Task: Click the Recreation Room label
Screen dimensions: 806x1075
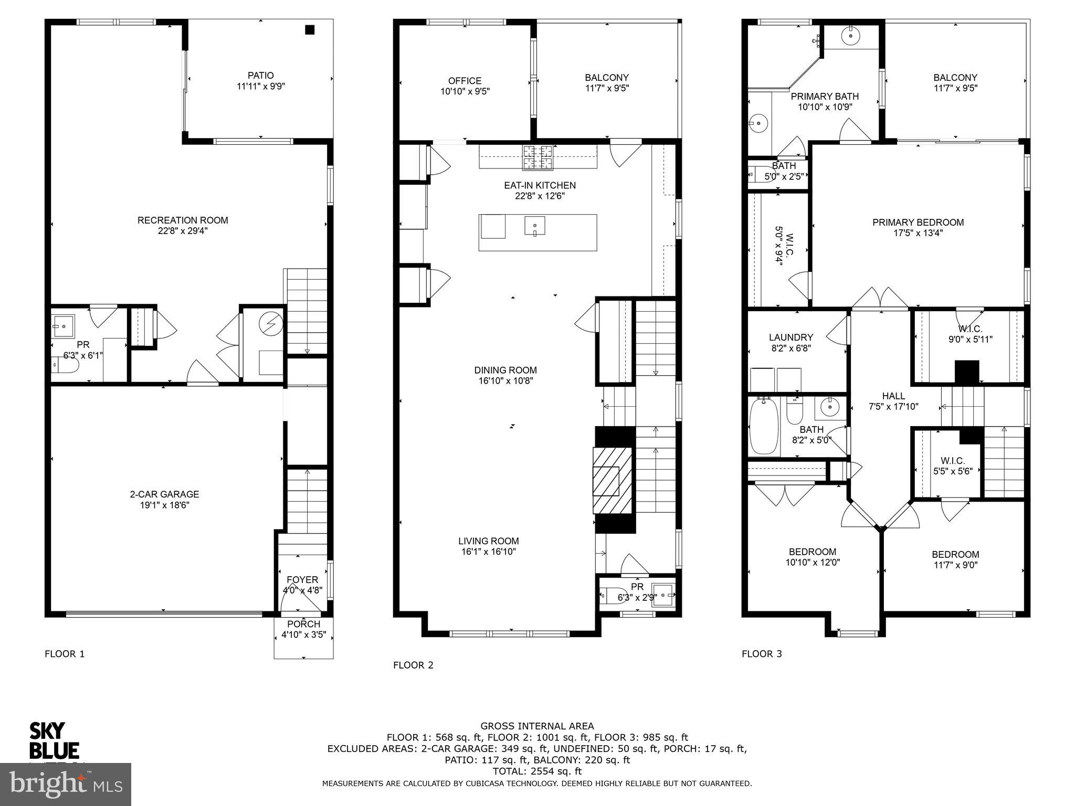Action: [x=183, y=220]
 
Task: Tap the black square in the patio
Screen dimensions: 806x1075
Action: [x=310, y=30]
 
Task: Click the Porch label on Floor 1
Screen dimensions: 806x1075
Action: [x=303, y=624]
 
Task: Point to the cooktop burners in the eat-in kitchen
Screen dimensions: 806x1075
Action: [x=537, y=157]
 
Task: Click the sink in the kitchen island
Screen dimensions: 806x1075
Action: [x=535, y=226]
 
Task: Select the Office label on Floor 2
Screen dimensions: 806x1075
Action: [x=465, y=81]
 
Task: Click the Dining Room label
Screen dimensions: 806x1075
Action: [x=505, y=370]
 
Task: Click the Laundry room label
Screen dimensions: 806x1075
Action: [x=791, y=337]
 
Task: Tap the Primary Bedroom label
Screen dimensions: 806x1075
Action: [x=918, y=222]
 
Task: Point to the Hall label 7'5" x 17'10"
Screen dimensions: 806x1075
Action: [x=893, y=401]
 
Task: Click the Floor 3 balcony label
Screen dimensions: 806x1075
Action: [x=955, y=78]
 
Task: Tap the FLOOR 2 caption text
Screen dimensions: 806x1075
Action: [x=413, y=665]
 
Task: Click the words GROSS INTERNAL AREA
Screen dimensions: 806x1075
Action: [x=537, y=726]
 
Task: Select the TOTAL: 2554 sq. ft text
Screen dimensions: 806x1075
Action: [x=537, y=771]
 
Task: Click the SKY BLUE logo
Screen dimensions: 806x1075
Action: [x=54, y=740]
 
